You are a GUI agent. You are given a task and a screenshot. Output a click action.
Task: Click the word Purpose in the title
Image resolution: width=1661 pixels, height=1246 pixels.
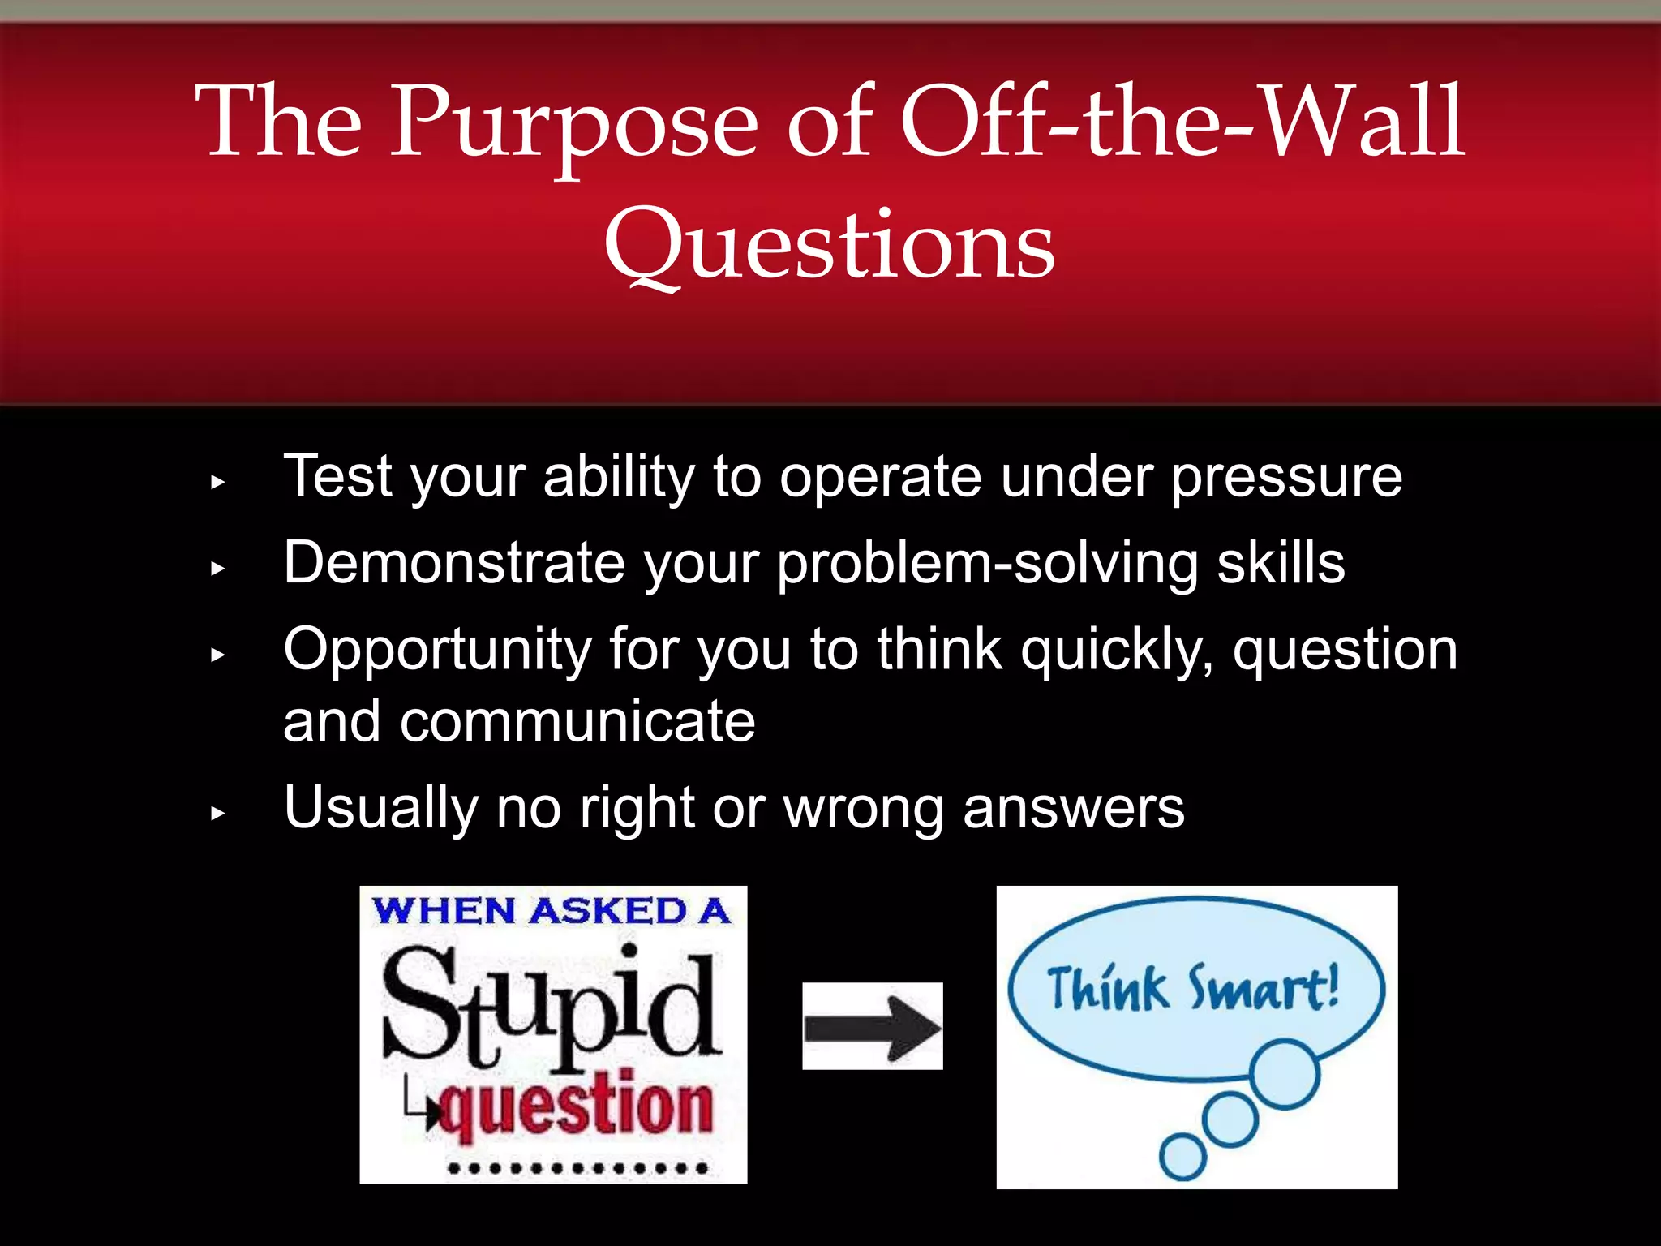click(x=574, y=123)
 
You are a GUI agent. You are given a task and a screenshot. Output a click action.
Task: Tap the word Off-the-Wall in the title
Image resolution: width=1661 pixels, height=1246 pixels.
click(x=1182, y=123)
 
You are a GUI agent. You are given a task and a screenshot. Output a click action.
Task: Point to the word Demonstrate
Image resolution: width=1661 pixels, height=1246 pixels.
click(x=454, y=563)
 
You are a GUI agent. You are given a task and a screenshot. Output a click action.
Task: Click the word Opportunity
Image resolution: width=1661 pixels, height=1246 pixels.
click(x=438, y=651)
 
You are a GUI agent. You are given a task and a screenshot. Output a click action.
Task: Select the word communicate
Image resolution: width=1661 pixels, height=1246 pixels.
click(x=577, y=722)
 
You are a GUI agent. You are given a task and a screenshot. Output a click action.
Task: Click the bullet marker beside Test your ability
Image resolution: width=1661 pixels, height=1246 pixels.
click(x=217, y=483)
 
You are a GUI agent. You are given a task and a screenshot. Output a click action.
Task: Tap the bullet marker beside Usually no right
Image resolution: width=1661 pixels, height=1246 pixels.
click(x=217, y=813)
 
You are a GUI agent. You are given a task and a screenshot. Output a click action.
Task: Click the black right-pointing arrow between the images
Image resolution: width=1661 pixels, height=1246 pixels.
click(x=873, y=1027)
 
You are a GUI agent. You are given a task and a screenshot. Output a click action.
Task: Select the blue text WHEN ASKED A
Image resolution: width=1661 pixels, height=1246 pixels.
click(x=552, y=911)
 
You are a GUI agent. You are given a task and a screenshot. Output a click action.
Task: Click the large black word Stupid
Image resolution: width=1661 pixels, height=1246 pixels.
click(x=552, y=1006)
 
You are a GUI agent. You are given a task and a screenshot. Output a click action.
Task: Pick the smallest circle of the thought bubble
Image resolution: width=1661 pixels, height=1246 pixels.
click(x=1182, y=1157)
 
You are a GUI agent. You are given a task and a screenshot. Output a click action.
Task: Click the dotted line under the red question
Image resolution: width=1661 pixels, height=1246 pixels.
click(x=577, y=1169)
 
